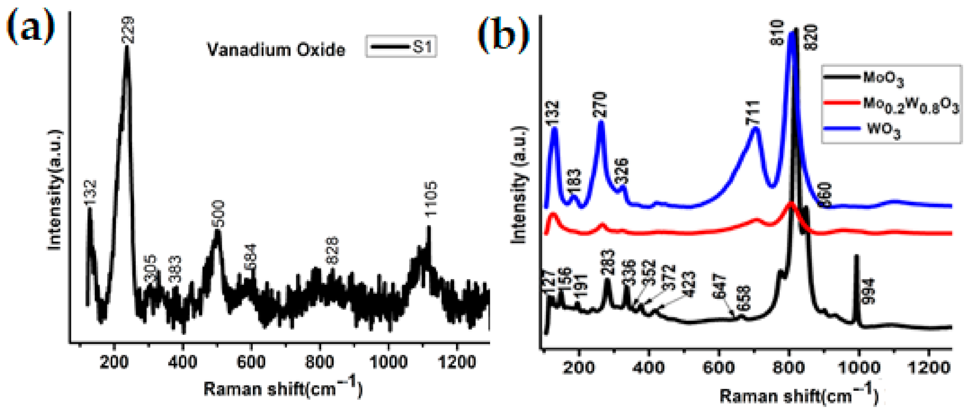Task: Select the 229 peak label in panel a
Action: (x=128, y=30)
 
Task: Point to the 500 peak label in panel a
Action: (x=218, y=214)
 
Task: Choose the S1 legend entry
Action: (x=401, y=47)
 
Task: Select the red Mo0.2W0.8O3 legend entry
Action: (x=891, y=104)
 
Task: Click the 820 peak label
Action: (x=811, y=37)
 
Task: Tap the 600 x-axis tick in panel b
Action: (x=719, y=367)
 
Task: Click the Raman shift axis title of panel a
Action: (x=283, y=388)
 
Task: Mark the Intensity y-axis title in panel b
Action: (x=520, y=185)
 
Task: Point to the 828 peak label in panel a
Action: (x=333, y=250)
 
